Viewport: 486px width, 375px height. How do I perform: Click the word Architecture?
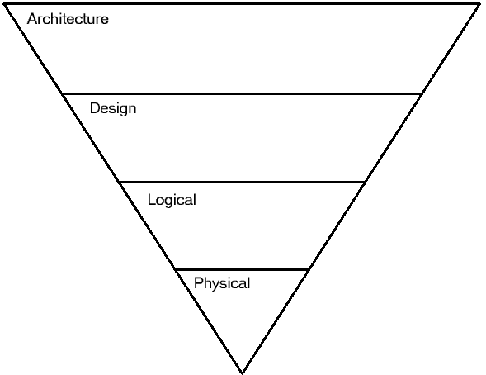tap(68, 19)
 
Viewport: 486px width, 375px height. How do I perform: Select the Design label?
tap(113, 109)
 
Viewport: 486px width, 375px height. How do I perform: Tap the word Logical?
tap(172, 200)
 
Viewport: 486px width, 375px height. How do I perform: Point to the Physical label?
tap(222, 283)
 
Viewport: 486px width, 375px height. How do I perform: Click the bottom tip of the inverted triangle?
tap(243, 373)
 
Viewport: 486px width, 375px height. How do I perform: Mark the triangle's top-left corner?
tap(4, 4)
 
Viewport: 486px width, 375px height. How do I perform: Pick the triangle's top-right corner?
tap(480, 4)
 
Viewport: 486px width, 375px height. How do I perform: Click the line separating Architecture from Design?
tap(242, 93)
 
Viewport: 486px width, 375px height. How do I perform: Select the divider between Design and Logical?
tap(242, 182)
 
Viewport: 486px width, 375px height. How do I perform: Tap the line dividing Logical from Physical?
tap(242, 270)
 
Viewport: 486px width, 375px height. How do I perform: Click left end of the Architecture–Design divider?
tap(62, 93)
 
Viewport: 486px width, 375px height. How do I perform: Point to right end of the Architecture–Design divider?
tap(422, 93)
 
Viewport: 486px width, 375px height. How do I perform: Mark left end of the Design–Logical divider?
tap(119, 182)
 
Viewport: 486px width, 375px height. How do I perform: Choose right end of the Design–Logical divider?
tap(365, 182)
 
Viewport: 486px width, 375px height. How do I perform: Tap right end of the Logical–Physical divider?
tap(309, 270)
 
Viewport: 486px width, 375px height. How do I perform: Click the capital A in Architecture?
tap(32, 19)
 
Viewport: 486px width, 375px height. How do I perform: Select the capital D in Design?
tap(95, 108)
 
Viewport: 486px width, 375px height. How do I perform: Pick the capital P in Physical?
tap(198, 282)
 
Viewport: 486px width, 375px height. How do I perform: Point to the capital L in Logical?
tap(152, 199)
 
